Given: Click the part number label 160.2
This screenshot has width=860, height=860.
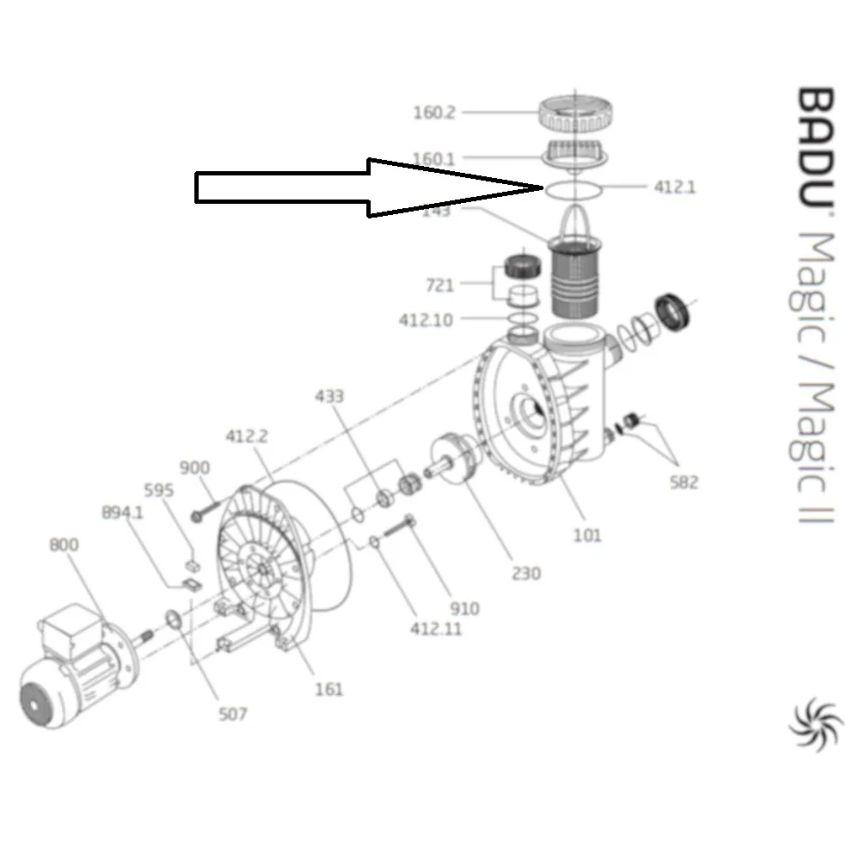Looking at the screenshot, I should coord(434,113).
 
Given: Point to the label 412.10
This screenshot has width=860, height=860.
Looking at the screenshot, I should coord(425,320).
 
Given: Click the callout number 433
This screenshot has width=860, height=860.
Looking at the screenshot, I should coord(329,396).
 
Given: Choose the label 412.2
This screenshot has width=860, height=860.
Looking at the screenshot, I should coord(247,436).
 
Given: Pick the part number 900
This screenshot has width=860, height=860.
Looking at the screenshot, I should coord(194,468).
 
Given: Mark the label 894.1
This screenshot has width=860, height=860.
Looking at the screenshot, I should coord(121,513).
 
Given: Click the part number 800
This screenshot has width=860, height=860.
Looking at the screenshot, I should coord(64,545).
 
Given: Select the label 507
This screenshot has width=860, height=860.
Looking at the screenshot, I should coord(232,714).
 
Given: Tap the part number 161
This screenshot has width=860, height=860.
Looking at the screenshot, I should coord(329,688).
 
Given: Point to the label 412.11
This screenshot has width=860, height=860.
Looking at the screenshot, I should coord(435,629).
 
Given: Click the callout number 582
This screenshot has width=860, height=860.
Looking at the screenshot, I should coord(684,482).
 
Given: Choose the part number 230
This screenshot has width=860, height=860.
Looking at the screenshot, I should coord(525,573).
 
